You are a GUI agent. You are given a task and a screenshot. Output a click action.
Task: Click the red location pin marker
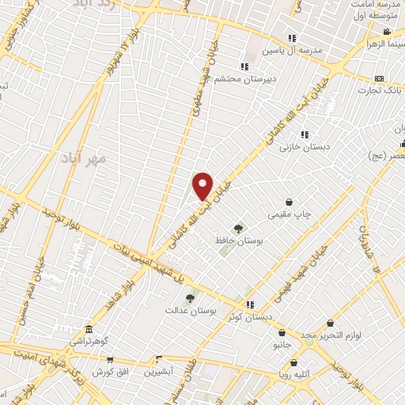click(203, 186)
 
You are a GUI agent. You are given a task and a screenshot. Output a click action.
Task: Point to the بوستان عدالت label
click(191, 311)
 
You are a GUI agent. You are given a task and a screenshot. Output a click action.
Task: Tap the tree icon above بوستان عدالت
click(190, 299)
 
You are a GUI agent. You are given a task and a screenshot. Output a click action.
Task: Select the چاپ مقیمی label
click(292, 214)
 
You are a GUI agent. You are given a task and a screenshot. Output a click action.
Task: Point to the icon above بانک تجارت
click(379, 79)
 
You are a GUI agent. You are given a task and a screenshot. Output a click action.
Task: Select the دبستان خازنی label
click(304, 146)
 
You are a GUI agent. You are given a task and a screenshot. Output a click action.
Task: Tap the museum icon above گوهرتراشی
click(88, 329)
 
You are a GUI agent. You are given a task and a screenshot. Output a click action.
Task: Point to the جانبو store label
click(282, 346)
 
